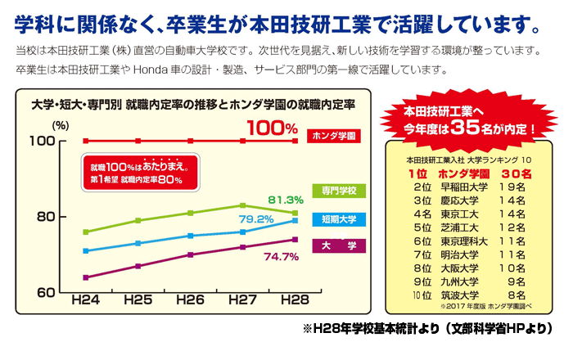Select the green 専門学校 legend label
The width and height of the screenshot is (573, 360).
pyautogui.click(x=339, y=191)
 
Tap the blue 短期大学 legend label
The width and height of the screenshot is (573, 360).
pyautogui.click(x=339, y=219)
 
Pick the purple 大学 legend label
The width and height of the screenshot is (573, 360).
pyautogui.click(x=339, y=245)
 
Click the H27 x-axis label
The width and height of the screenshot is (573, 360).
pyautogui.click(x=242, y=301)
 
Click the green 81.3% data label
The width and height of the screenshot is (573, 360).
pyautogui.click(x=286, y=199)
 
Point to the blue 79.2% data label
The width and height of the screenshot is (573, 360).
pyautogui.click(x=255, y=219)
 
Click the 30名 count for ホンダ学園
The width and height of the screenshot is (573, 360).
pyautogui.click(x=516, y=173)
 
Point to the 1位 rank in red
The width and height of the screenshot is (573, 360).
pyautogui.click(x=417, y=173)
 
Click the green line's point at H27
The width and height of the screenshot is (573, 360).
pyautogui.click(x=242, y=205)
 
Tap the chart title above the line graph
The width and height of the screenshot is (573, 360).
pyautogui.click(x=192, y=106)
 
